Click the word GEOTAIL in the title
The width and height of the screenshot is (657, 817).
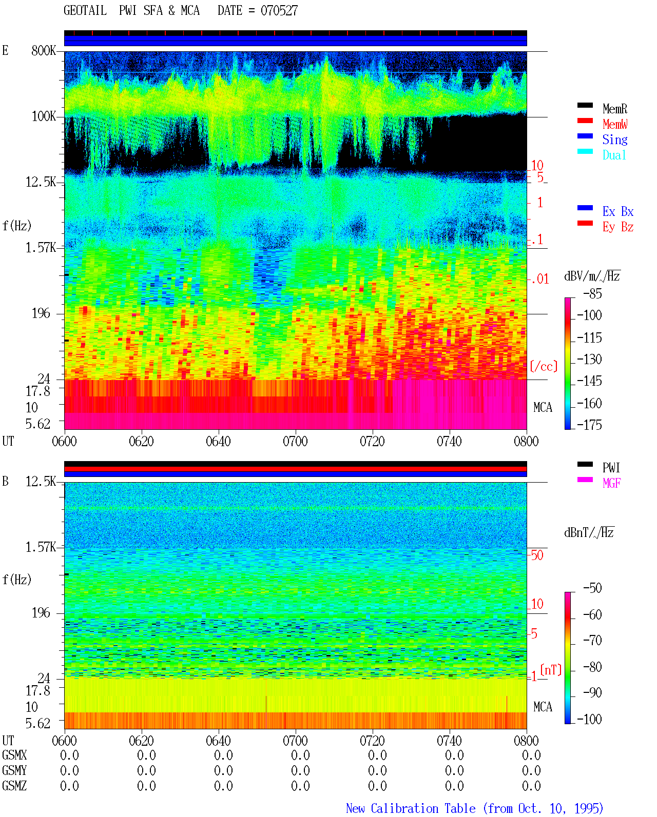pyautogui.click(x=85, y=10)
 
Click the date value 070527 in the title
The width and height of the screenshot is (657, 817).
pyautogui.click(x=279, y=10)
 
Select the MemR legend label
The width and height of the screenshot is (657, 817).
pyautogui.click(x=614, y=109)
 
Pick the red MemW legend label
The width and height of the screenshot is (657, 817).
pyautogui.click(x=615, y=124)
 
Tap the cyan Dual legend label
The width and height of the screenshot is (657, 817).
pyautogui.click(x=614, y=155)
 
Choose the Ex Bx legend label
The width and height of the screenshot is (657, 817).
pyautogui.click(x=617, y=211)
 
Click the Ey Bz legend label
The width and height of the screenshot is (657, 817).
pyautogui.click(x=617, y=227)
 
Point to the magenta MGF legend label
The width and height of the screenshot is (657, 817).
pyautogui.click(x=611, y=483)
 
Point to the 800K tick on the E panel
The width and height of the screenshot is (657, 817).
pyautogui.click(x=44, y=50)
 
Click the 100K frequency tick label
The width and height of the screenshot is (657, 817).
pyautogui.click(x=44, y=116)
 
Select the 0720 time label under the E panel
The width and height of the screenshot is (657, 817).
pyautogui.click(x=372, y=441)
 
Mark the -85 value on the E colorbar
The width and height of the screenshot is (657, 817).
pyautogui.click(x=592, y=294)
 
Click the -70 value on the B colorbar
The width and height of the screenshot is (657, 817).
pyautogui.click(x=592, y=640)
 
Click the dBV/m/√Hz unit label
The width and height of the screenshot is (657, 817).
pyautogui.click(x=592, y=276)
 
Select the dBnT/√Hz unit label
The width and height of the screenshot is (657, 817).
pyautogui.click(x=589, y=533)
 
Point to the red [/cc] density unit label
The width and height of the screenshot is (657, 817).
pyautogui.click(x=544, y=366)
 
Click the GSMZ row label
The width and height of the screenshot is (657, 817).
pyautogui.click(x=14, y=786)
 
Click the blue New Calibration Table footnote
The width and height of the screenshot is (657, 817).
pyautogui.click(x=474, y=808)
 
